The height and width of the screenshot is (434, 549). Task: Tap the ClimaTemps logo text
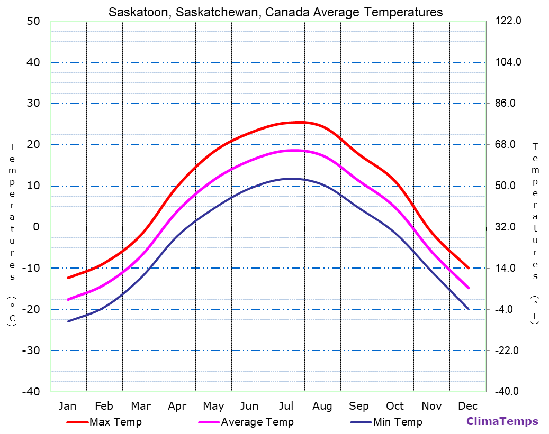502,421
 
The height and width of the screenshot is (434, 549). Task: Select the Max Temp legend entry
115,422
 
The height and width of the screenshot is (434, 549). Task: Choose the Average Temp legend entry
257,422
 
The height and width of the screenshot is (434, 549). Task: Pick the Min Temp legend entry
398,422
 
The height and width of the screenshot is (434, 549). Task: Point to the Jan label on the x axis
67,406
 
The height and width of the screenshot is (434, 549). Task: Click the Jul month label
286,406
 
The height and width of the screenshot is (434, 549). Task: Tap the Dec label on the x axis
468,406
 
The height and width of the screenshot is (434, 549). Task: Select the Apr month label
177,406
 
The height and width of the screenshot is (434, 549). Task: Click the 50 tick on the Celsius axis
33,21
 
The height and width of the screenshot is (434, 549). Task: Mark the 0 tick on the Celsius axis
37,227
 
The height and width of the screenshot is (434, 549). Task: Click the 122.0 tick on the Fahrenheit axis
508,21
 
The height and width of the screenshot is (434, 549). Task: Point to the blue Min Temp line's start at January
68,321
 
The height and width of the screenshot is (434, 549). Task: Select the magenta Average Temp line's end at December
469,288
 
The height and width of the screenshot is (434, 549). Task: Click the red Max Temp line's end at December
469,268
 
